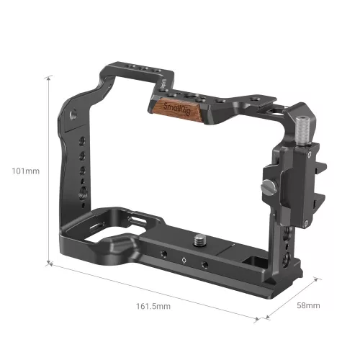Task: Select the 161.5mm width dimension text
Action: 152,306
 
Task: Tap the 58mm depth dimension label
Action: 307,305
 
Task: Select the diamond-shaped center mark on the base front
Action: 184,261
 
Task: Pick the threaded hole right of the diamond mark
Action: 204,266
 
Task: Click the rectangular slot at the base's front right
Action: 252,260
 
